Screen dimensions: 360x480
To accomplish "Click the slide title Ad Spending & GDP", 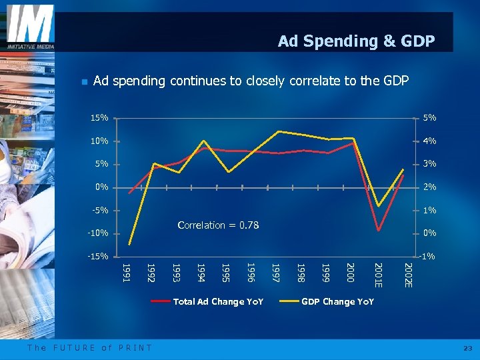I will (x=356, y=41).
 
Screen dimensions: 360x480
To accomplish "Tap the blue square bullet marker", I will (x=83, y=82).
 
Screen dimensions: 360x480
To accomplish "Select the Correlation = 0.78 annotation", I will (x=218, y=225).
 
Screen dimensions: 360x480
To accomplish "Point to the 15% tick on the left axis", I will (x=99, y=118).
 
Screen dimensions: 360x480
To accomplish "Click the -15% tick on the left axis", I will (x=98, y=257).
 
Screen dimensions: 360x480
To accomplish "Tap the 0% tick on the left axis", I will (x=101, y=187).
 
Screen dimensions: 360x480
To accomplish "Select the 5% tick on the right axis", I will (x=429, y=118).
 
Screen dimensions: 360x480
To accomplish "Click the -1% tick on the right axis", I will (x=428, y=257).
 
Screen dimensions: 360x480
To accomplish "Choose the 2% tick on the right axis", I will (x=429, y=187).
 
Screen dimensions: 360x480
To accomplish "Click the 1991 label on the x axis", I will (x=125, y=271).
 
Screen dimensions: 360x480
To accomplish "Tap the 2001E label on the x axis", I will (x=378, y=275).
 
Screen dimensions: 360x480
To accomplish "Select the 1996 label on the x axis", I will (x=251, y=271).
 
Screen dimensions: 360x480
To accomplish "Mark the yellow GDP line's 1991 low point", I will (x=130, y=244).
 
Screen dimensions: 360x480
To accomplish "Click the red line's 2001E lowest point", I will (x=378, y=231).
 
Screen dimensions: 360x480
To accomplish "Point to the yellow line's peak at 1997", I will (x=278, y=131).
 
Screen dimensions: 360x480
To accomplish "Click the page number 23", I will (x=467, y=348).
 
